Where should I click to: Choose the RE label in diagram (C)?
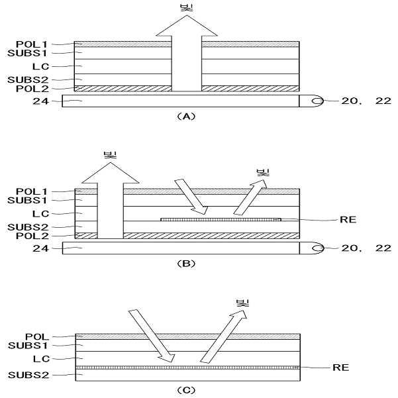340,366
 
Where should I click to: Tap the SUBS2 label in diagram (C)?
25,376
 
